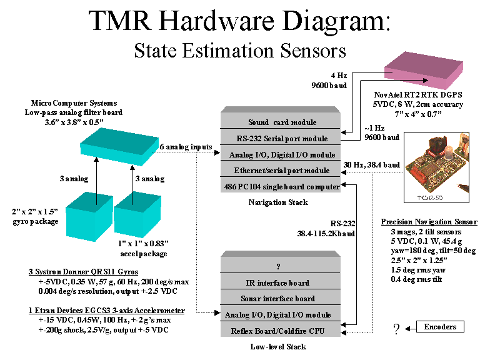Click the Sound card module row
[x=282, y=122]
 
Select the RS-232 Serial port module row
[x=282, y=138]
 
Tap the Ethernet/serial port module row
[x=282, y=170]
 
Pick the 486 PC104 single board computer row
[x=282, y=186]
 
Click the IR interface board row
[x=281, y=282]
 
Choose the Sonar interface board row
[x=281, y=299]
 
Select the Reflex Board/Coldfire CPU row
[x=281, y=331]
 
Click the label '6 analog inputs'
[x=186, y=147]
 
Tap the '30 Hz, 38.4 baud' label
[x=371, y=164]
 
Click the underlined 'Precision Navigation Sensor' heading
[x=429, y=222]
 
